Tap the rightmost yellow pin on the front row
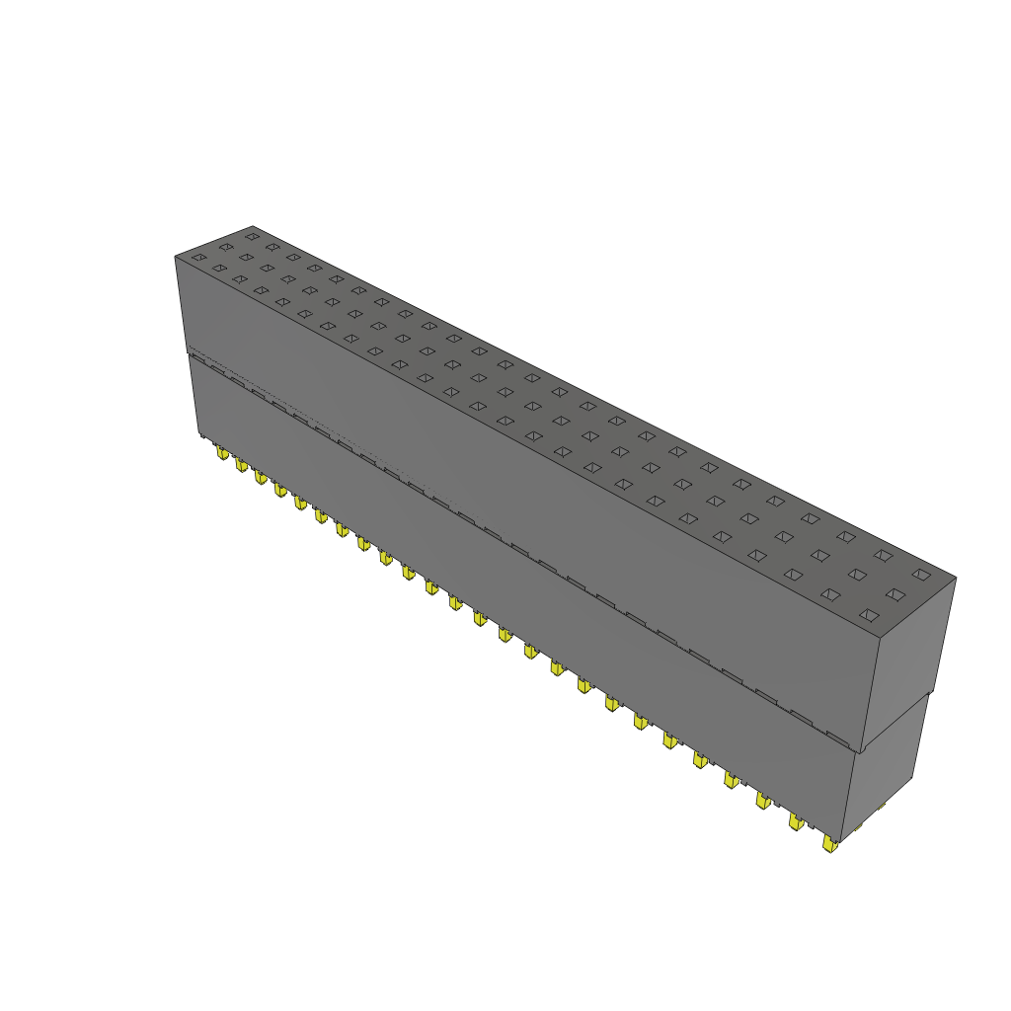point(829,843)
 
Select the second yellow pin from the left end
point(241,464)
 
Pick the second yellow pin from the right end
point(795,821)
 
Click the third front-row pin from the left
point(261,477)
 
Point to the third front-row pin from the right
point(762,800)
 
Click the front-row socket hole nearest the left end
point(198,258)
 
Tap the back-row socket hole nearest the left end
point(252,236)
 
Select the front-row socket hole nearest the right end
point(869,615)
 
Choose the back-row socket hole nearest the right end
point(921,574)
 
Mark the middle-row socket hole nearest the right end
point(895,594)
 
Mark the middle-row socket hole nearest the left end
point(226,247)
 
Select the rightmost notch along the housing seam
point(837,738)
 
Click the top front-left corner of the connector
point(176,257)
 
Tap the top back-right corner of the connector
point(956,578)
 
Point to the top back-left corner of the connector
point(252,225)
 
